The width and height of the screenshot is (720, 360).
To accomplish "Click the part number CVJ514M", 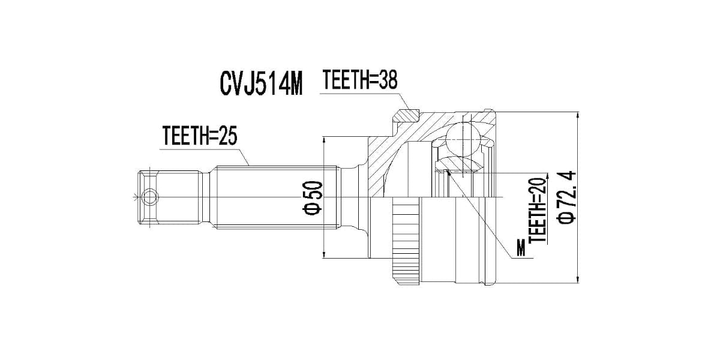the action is coord(261,83).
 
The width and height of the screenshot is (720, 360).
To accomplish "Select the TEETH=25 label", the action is coord(200,136).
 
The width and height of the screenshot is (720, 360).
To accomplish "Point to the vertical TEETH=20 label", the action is coord(538,210).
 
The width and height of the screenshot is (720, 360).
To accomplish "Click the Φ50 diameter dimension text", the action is coord(313,197).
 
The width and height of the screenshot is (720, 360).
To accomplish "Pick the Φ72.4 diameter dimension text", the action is coord(566,197).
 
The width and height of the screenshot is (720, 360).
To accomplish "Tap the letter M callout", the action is coord(520,248).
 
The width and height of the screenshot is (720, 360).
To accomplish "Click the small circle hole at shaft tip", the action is coord(150,197).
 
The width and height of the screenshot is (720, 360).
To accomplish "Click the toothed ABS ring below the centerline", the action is coord(406,241).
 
